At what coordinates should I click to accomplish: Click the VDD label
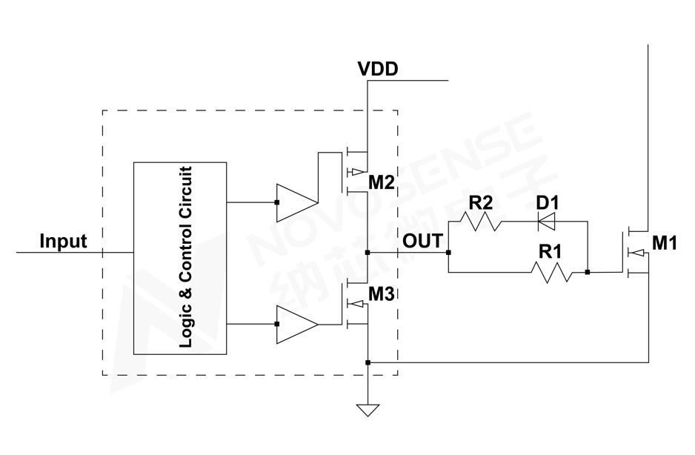click(x=378, y=70)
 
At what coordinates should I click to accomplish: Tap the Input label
click(x=63, y=241)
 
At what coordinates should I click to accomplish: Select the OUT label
click(x=422, y=241)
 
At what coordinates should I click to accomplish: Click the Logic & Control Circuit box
click(x=180, y=258)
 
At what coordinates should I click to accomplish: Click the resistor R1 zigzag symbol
click(x=553, y=272)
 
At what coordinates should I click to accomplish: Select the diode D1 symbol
click(x=548, y=221)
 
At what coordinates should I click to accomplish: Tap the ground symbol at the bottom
click(x=368, y=409)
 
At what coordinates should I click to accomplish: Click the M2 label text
click(x=381, y=181)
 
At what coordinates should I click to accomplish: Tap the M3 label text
click(x=381, y=294)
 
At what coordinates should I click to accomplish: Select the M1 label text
click(x=665, y=242)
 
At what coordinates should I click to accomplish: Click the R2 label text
click(x=480, y=202)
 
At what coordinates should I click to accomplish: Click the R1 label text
click(x=550, y=252)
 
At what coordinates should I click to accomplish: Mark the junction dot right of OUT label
click(x=449, y=253)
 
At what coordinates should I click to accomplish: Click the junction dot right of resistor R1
click(x=587, y=272)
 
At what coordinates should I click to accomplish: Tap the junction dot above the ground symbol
click(x=368, y=362)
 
